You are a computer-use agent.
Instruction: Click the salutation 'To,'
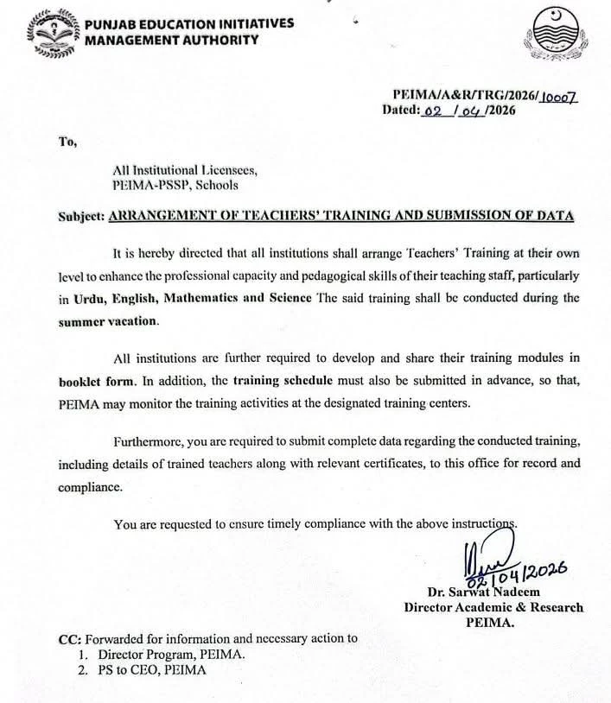coord(67,142)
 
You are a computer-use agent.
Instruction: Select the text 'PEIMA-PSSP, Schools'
coord(175,185)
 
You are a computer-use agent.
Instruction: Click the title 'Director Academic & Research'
coord(493,607)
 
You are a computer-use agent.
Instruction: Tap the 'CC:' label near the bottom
coord(68,639)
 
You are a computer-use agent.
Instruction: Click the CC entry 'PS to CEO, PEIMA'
coord(153,670)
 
